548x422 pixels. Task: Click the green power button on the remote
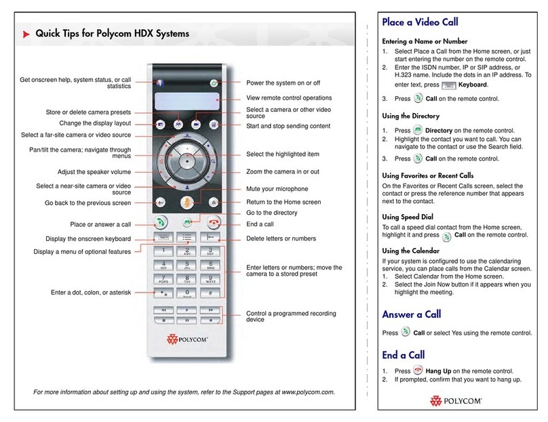214,83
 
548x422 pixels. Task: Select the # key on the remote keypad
212,294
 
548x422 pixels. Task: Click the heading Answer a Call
411,314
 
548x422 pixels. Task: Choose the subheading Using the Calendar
416,251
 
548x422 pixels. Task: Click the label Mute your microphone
277,188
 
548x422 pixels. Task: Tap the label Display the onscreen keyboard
93,238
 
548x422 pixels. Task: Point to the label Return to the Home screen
283,202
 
